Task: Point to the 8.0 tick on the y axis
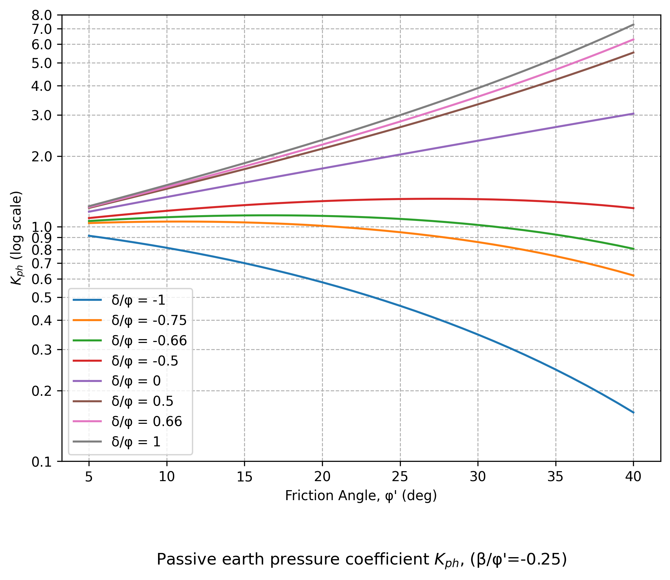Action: [x=42, y=15]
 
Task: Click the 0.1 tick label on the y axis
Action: [x=42, y=462]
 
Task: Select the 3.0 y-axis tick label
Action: [x=42, y=116]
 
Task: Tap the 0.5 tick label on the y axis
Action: [x=42, y=298]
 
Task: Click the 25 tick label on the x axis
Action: [x=400, y=477]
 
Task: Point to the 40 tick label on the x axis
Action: [x=633, y=477]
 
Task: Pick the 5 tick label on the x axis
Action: [x=89, y=477]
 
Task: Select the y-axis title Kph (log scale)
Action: [x=16, y=238]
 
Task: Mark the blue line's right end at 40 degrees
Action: [x=633, y=413]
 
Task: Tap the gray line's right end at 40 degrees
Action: [x=633, y=24]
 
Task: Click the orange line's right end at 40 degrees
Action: [x=633, y=275]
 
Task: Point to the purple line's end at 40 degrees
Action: [x=633, y=114]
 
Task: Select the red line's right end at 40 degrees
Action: [x=633, y=208]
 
